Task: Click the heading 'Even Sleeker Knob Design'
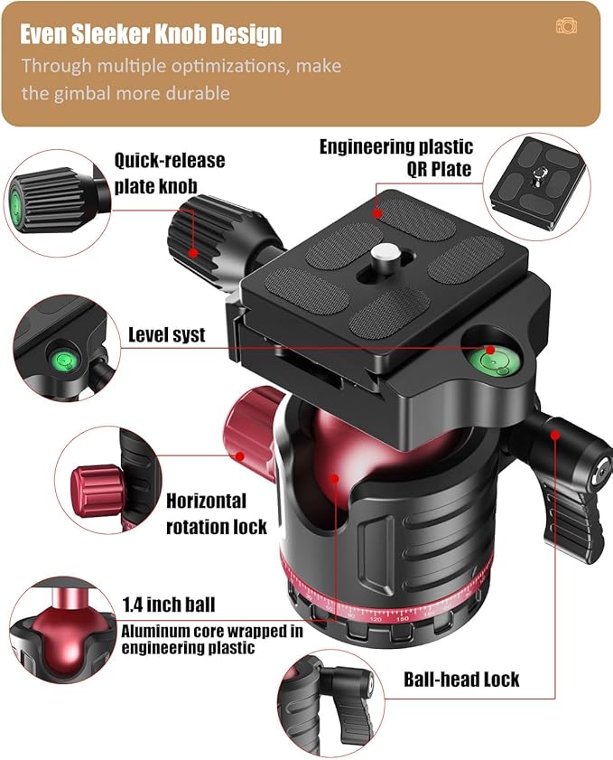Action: (x=151, y=34)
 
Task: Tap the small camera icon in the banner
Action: (x=567, y=26)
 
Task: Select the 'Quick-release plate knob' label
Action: (x=169, y=173)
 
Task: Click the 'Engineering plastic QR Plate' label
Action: (x=395, y=157)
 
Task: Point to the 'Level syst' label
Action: (x=166, y=335)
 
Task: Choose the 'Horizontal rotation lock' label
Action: (x=216, y=513)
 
